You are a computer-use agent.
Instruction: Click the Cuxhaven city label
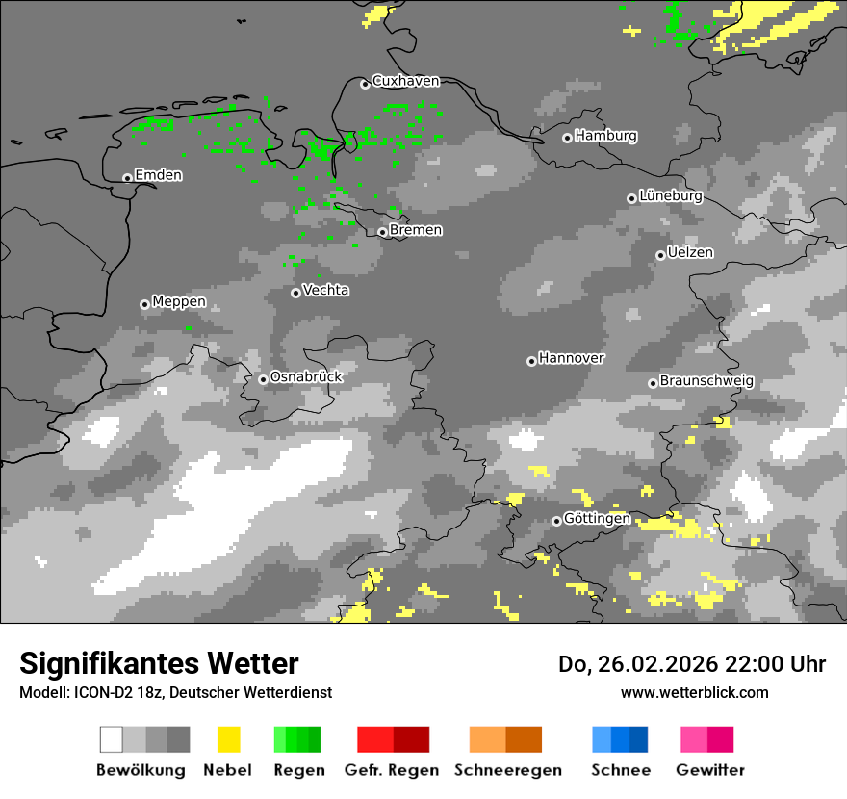(405, 82)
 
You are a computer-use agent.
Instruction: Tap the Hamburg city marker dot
(568, 138)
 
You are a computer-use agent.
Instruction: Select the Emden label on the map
(158, 175)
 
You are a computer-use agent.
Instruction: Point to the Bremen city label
(416, 230)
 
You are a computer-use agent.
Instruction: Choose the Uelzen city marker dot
(660, 255)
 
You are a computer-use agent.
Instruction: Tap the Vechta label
(325, 291)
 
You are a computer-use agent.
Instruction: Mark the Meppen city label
(179, 302)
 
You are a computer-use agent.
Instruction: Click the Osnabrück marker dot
(263, 379)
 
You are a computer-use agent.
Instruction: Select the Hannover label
(572, 358)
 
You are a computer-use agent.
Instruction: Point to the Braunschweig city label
(706, 381)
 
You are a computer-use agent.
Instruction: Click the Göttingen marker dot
(556, 521)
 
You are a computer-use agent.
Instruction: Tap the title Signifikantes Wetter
(159, 663)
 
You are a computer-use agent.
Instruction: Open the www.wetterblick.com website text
(695, 692)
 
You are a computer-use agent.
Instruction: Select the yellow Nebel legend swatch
(228, 739)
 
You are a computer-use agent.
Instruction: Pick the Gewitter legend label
(709, 770)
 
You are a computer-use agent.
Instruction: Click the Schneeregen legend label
(507, 770)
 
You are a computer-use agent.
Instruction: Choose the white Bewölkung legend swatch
(112, 739)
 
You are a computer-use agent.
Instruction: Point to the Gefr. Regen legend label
(392, 770)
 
